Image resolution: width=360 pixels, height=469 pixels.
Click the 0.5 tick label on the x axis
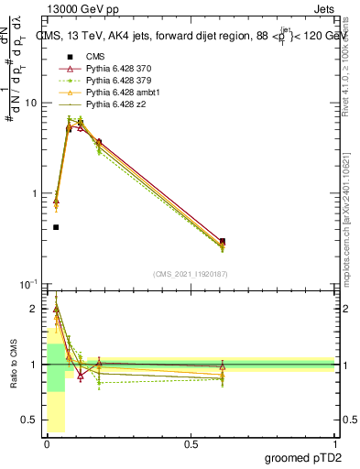(191, 442)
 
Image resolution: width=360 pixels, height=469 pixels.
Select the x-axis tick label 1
(335, 442)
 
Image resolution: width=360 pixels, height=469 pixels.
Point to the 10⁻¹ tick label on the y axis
(27, 284)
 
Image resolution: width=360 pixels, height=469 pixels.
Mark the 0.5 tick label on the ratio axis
(29, 420)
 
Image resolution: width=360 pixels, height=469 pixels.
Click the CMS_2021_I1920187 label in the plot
(190, 274)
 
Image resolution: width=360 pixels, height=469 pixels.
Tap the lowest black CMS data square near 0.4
(56, 227)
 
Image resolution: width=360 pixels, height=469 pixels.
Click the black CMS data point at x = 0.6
(222, 241)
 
